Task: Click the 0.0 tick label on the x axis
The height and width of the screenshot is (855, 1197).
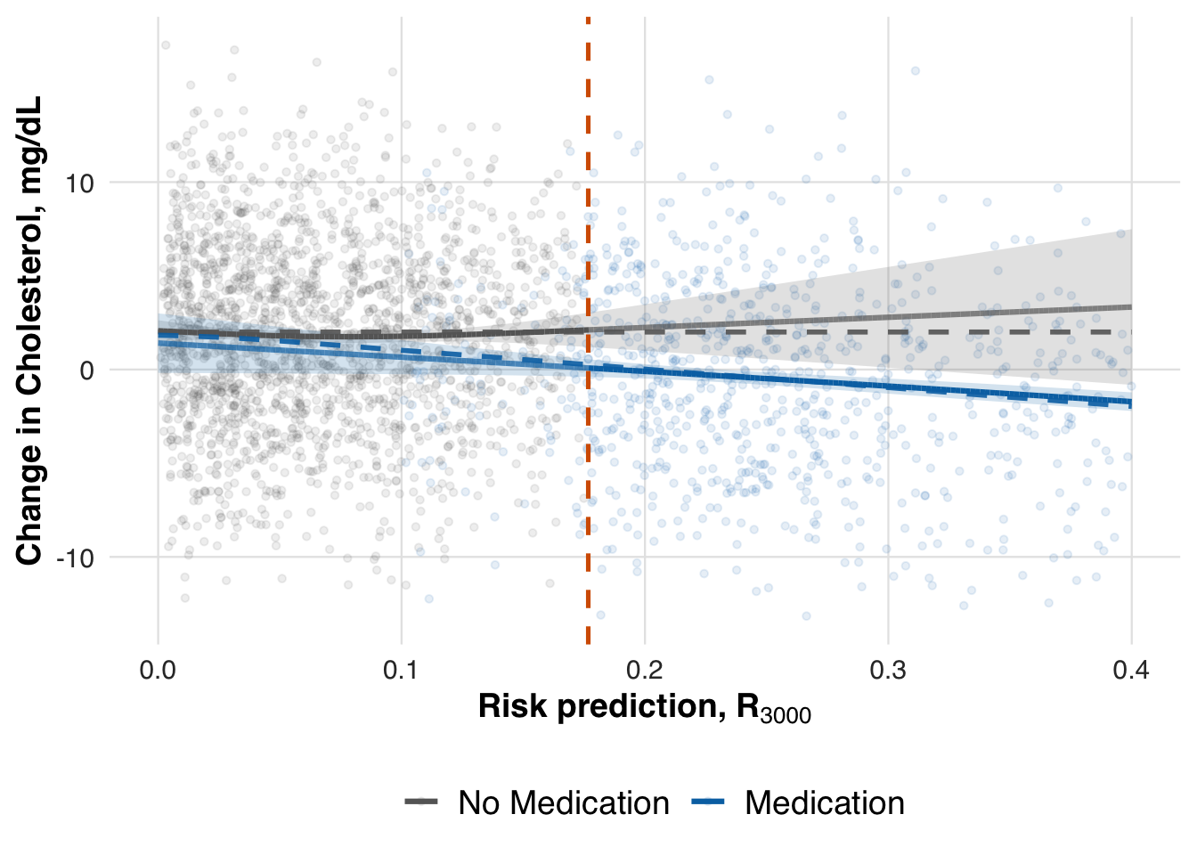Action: tap(158, 670)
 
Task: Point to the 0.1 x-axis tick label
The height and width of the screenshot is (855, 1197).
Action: tap(401, 670)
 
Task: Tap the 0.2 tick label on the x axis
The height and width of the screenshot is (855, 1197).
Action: tap(644, 670)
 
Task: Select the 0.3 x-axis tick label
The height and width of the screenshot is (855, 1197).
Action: tap(887, 670)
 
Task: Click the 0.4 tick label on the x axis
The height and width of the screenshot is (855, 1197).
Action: tap(1130, 670)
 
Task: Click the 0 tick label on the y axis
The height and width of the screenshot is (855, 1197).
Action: tap(86, 370)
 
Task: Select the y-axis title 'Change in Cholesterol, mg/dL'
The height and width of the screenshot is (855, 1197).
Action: tap(29, 330)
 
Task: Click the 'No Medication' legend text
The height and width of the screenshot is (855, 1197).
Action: tap(563, 803)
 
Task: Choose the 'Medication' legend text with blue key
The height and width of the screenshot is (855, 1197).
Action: tap(824, 803)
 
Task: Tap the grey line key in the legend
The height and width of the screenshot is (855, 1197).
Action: tap(422, 802)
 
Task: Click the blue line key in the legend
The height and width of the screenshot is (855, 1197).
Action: tap(708, 802)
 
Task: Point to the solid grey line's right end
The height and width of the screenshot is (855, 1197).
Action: tap(1129, 307)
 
